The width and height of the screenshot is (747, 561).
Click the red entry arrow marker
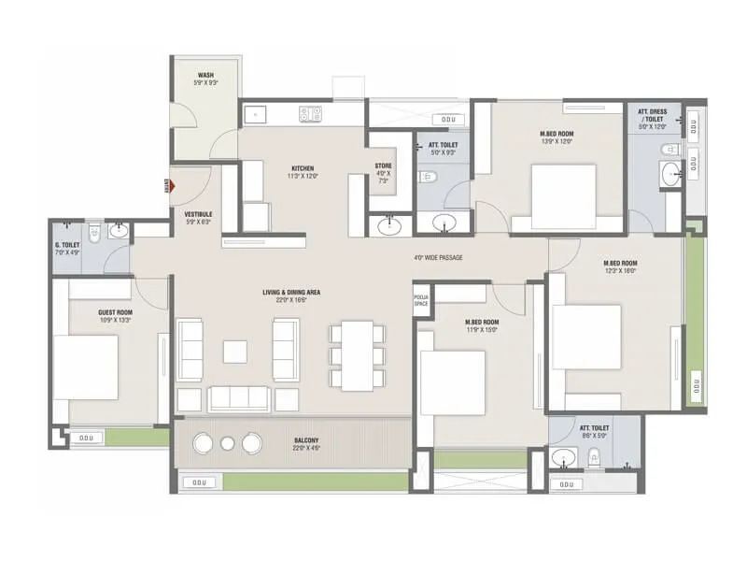(x=169, y=186)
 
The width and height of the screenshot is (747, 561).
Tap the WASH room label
(x=207, y=75)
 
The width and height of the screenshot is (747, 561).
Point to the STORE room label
(x=383, y=166)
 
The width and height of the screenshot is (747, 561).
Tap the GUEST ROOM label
(x=115, y=312)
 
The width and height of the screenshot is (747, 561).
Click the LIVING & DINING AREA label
(x=292, y=293)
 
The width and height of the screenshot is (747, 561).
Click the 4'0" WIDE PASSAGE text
(x=438, y=258)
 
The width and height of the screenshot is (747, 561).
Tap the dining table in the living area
(x=356, y=355)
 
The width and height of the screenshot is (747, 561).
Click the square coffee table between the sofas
(x=234, y=351)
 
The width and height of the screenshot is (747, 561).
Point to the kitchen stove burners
(x=310, y=114)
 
